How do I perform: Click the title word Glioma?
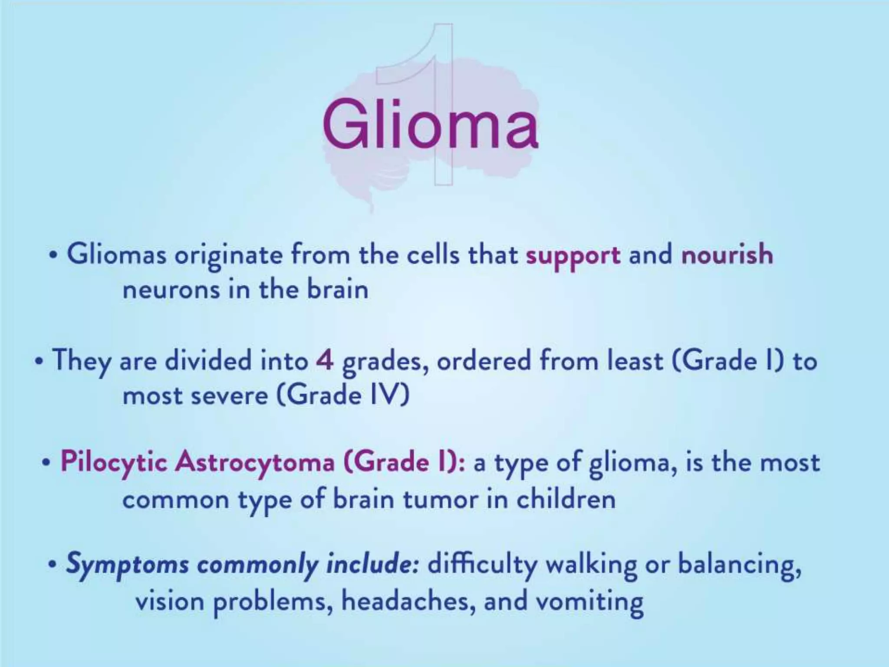[430, 124]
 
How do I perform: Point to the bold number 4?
[325, 361]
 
